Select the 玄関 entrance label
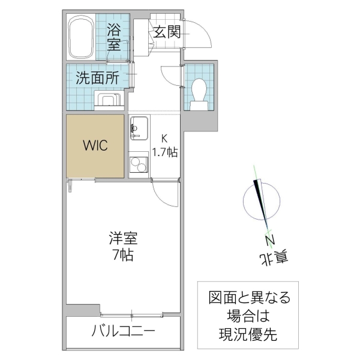point(166,31)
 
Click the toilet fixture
point(199,94)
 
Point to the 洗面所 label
point(97,77)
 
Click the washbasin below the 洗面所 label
point(108,101)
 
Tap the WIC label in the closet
point(95,146)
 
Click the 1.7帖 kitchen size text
point(164,152)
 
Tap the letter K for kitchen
point(164,139)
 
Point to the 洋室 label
point(122,239)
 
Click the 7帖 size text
point(122,254)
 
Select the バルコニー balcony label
point(123,331)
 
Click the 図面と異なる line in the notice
point(248,298)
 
